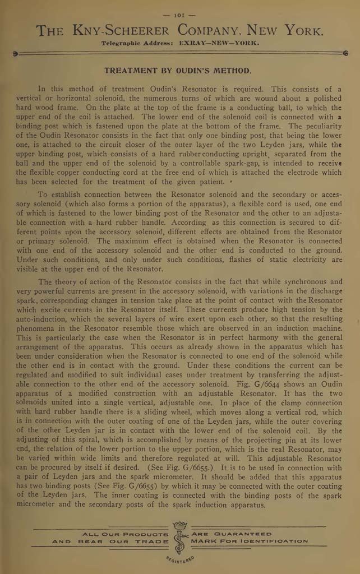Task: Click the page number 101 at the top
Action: click(180, 15)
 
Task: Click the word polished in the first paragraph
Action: click(324, 99)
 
